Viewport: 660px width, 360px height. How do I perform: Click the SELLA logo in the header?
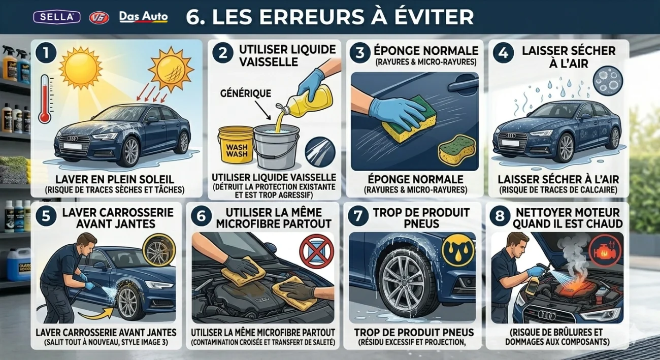coord(57,17)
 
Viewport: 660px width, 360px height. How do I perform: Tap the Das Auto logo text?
coord(143,17)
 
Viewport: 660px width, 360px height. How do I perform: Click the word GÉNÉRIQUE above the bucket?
coord(246,93)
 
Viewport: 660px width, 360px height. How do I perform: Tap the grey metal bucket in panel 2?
coord(276,147)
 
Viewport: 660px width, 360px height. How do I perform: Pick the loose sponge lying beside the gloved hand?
coord(459,150)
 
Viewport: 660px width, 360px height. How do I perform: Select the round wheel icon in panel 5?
coord(158,249)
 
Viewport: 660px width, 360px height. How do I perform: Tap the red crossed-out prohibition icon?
coord(316,250)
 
